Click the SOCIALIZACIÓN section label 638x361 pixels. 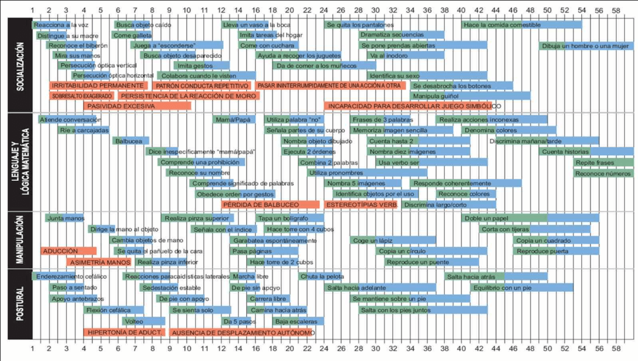[x=20, y=65]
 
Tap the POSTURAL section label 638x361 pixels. [x=20, y=304]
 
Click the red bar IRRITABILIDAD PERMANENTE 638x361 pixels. [x=99, y=85]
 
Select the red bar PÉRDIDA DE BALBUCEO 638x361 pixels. [x=270, y=205]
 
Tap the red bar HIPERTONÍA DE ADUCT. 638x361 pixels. [x=125, y=333]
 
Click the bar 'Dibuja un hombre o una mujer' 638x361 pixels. [x=586, y=46]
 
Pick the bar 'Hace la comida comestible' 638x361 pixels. [x=521, y=24]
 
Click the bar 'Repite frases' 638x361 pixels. [x=603, y=162]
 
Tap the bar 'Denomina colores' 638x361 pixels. [x=508, y=130]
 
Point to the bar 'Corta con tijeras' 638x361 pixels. [x=534, y=229]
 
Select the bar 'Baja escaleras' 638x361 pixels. [x=297, y=322]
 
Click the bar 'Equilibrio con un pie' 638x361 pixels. [x=521, y=287]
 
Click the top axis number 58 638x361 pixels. [x=616, y=11]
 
